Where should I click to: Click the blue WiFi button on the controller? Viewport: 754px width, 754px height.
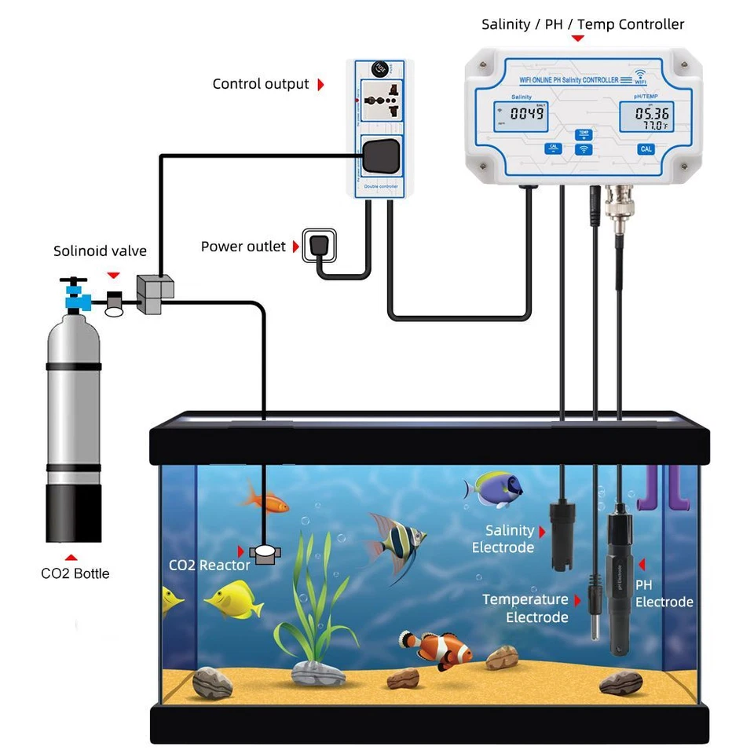(583, 148)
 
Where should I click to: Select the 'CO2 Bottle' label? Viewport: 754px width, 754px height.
(75, 573)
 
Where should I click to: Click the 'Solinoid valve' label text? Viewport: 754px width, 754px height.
(100, 251)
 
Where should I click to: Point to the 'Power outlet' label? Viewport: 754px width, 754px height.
(243, 247)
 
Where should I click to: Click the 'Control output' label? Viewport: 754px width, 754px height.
(261, 84)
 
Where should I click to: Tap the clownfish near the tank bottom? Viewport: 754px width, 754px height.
(436, 647)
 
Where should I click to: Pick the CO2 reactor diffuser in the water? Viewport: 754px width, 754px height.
(265, 554)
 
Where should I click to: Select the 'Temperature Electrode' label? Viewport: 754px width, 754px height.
(525, 609)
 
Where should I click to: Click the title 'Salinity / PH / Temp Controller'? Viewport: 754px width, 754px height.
(583, 24)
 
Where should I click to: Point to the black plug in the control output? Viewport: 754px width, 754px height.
(381, 155)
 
